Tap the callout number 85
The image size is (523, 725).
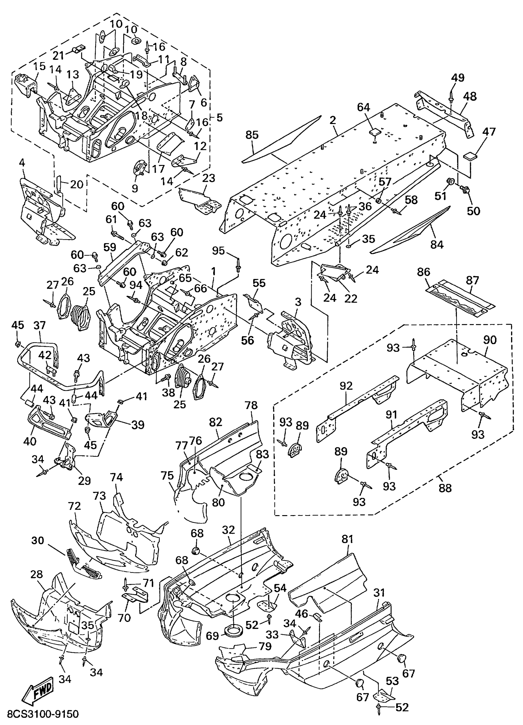click(252, 135)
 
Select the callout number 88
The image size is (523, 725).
click(445, 488)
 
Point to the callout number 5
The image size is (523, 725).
click(219, 117)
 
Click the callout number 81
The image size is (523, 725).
click(347, 539)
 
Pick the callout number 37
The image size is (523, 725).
click(40, 326)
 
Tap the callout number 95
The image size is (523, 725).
click(218, 251)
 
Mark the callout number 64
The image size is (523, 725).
click(363, 107)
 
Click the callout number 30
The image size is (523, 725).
click(38, 541)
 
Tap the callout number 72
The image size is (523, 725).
click(74, 506)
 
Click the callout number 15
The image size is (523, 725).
click(40, 66)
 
